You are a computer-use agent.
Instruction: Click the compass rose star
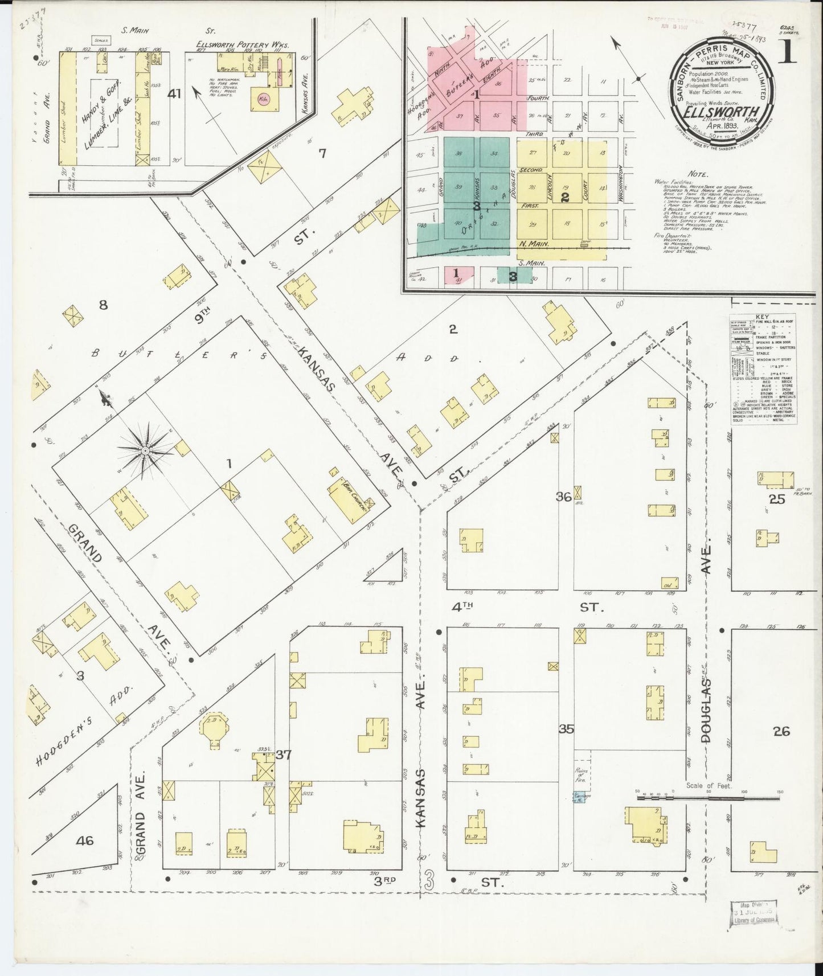click(x=145, y=450)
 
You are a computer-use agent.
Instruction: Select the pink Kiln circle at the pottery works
click(x=264, y=97)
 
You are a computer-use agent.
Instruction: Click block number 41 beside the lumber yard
click(x=174, y=94)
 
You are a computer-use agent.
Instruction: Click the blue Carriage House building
click(x=580, y=797)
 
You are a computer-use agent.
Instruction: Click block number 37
click(x=284, y=755)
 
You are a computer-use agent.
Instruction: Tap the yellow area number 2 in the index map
click(x=564, y=198)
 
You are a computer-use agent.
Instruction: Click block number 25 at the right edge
click(x=777, y=499)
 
